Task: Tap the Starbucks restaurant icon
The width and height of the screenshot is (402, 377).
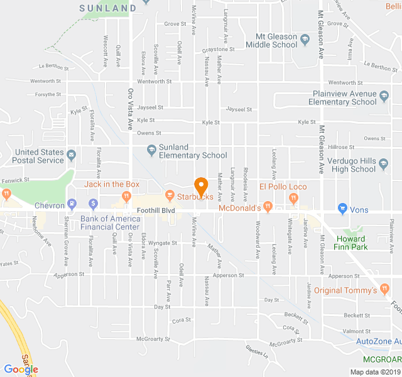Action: tap(170, 197)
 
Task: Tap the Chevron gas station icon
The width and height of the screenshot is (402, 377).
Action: tap(72, 204)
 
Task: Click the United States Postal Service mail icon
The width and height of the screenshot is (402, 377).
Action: tap(72, 154)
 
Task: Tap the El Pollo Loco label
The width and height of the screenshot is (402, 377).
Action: tap(283, 187)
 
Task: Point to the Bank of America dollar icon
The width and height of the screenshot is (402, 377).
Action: tap(93, 204)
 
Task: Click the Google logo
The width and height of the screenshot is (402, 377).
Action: tap(21, 369)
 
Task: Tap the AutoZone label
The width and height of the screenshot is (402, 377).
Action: tap(378, 341)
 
